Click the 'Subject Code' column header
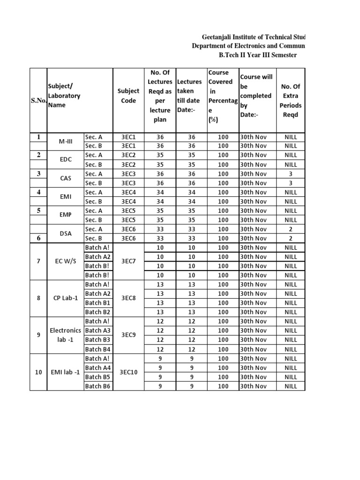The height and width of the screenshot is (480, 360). [128, 96]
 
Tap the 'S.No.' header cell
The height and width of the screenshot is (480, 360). [37, 100]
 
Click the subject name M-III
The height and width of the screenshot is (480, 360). [66, 142]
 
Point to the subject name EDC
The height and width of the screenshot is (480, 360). [66, 159]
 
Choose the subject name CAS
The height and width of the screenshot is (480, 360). [66, 178]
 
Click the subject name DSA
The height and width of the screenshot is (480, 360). [66, 233]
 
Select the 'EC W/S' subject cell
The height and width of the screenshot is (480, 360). [66, 261]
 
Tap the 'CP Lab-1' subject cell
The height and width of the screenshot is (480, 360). [66, 298]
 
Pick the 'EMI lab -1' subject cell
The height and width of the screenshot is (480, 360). [66, 372]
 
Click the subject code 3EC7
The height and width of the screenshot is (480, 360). [128, 261]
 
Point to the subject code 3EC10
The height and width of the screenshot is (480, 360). [128, 372]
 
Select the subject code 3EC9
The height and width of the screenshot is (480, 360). [128, 335]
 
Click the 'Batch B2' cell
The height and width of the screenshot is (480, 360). [97, 312]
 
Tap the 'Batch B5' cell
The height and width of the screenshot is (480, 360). [97, 377]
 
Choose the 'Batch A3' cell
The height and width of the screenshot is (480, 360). [97, 330]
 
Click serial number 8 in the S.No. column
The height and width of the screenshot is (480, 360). [39, 298]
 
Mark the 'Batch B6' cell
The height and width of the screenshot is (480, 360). [97, 386]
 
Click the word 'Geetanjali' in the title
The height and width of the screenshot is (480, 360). [218, 37]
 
